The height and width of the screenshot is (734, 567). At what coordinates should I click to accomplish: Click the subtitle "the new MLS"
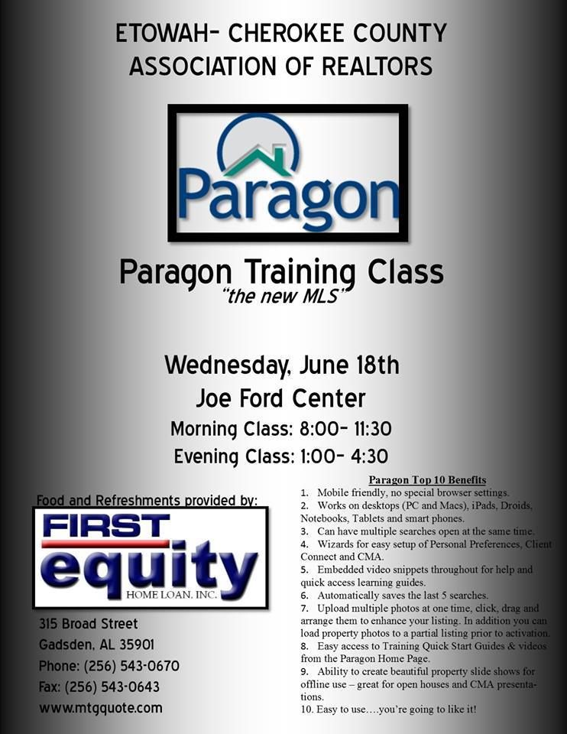click(x=282, y=296)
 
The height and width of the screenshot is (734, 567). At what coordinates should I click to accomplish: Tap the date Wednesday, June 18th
click(x=282, y=365)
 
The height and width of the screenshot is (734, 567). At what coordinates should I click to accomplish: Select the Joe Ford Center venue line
click(x=281, y=398)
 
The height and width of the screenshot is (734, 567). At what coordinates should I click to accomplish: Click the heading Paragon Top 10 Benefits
click(x=427, y=480)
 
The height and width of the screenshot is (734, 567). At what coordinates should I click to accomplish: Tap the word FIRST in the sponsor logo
click(x=107, y=526)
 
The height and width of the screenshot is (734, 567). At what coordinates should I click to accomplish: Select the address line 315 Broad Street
click(x=89, y=624)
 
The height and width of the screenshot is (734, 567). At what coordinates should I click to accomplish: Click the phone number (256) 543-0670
click(x=131, y=666)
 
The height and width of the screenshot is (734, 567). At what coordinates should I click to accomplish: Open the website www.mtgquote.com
click(x=101, y=708)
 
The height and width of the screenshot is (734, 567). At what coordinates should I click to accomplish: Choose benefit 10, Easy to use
click(x=389, y=710)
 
